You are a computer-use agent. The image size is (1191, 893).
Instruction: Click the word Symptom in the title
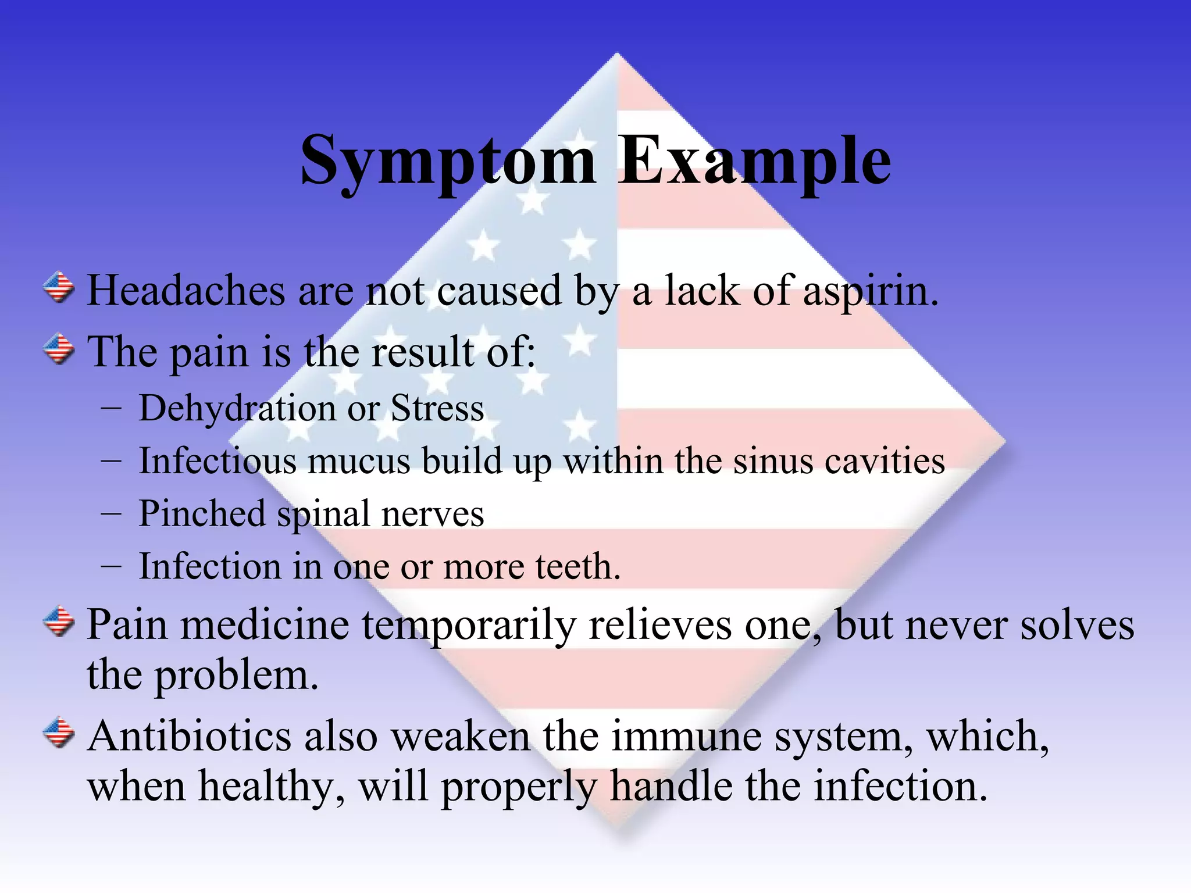coord(448,161)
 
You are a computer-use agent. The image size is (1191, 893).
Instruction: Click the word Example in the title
coord(754,161)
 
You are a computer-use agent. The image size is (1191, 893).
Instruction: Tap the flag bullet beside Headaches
coord(59,288)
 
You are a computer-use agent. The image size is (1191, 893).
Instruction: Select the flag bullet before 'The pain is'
coord(59,349)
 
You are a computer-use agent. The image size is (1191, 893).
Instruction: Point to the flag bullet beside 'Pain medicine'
coord(59,621)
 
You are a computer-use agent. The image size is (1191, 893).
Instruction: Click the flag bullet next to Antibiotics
coord(59,733)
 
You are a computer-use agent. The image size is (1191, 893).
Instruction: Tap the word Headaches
coord(186,290)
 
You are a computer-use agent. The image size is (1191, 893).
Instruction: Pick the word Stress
coord(437,408)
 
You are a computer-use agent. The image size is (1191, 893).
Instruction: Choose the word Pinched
coord(202,514)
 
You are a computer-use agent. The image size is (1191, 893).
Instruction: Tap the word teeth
coord(576,567)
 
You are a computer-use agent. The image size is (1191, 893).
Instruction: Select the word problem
coord(236,676)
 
